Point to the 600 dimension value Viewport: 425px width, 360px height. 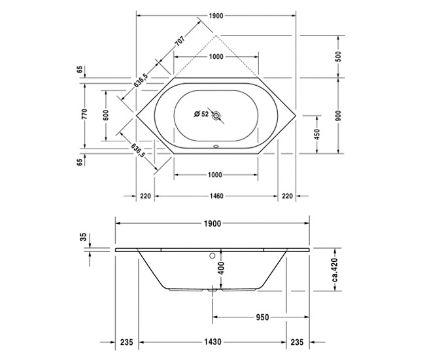(105, 114)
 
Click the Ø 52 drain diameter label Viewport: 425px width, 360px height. (201, 114)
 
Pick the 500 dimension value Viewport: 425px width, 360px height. (338, 56)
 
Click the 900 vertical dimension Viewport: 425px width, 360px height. (338, 115)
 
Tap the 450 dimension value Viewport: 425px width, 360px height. (317, 134)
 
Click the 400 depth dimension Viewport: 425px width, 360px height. (221, 267)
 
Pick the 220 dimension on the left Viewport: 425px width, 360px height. (145, 196)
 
